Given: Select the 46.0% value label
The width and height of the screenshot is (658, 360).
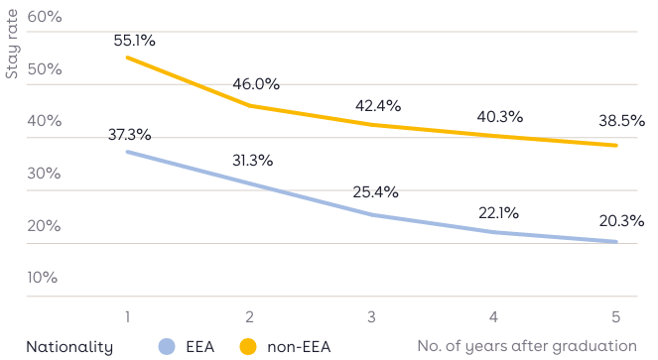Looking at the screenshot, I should (x=256, y=85).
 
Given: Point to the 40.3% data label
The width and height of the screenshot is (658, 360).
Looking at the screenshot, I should (x=500, y=117).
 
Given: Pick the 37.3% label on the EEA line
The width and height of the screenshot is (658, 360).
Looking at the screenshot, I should (x=129, y=134).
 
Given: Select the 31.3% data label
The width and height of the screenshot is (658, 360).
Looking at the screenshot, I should (x=252, y=161).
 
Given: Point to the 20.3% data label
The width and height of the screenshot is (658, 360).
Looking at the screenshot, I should (x=620, y=220).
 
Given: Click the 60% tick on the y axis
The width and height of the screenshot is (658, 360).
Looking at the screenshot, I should (x=44, y=18).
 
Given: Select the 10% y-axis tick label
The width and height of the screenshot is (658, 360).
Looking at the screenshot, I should (x=44, y=277).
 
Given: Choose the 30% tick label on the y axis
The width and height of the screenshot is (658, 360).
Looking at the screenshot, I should (x=44, y=174).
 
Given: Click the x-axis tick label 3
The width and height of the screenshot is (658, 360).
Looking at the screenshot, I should (x=371, y=316).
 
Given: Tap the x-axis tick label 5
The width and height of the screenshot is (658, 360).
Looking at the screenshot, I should (x=615, y=316).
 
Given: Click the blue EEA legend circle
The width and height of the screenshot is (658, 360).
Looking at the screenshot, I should (x=167, y=346).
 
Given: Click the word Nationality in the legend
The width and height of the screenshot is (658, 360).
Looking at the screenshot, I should (x=69, y=346).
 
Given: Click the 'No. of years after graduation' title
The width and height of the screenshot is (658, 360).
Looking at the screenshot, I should (x=526, y=345).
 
